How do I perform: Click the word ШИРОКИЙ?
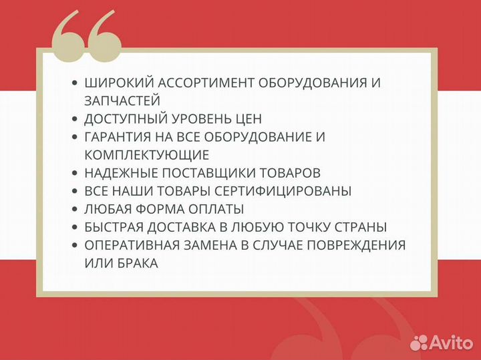(x=117, y=83)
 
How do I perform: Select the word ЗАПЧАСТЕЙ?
(x=122, y=102)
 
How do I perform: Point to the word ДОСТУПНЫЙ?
(x=125, y=120)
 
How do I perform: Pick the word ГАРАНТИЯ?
(x=120, y=138)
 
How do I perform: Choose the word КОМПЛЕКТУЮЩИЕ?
(x=147, y=156)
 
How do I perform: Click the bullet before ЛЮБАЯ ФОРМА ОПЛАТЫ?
(x=74, y=210)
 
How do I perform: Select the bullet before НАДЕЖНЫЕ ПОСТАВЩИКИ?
(x=74, y=174)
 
